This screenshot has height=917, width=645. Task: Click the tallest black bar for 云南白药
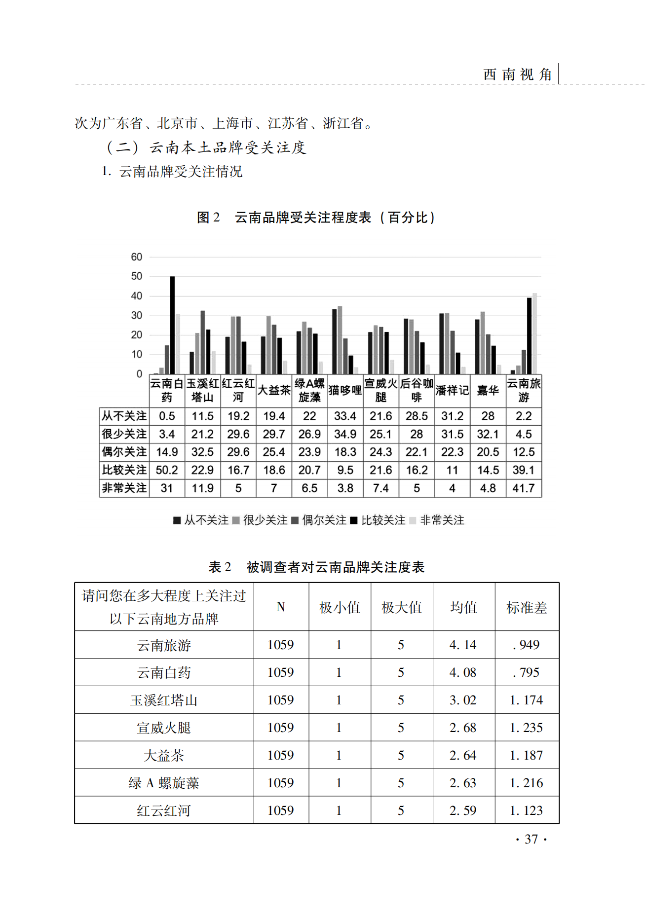coord(172,326)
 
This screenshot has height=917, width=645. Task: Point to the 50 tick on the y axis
coord(137,276)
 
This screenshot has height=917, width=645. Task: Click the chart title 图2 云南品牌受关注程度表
coord(316,218)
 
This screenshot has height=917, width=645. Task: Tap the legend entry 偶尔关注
coord(319,520)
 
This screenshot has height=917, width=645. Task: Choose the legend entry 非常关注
coord(437,520)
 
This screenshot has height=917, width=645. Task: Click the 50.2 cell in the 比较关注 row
coord(167,470)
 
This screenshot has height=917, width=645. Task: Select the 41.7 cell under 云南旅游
coord(524,488)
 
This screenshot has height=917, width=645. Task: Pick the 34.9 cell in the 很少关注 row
coord(345,434)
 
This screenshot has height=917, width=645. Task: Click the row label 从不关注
coord(124,416)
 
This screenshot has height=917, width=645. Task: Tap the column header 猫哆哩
coord(345,390)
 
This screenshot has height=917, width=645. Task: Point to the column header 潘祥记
coord(452,390)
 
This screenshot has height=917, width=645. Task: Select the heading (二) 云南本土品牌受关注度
coord(206,147)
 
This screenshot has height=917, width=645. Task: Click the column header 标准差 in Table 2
coord(527,607)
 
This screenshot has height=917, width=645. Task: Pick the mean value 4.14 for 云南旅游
coord(463,645)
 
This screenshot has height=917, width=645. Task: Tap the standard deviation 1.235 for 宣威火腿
coord(526,728)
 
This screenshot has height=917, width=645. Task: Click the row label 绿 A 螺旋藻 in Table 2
coord(164,783)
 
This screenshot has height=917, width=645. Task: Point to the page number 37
coord(531,839)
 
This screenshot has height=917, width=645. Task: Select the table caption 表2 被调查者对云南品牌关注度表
coord(316,567)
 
